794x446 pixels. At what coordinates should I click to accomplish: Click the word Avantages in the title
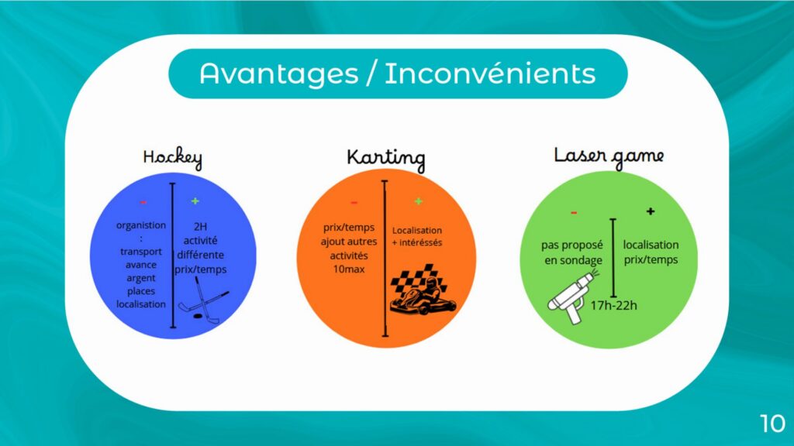pos(279,74)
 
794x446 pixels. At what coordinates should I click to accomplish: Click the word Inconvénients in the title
pos(490,74)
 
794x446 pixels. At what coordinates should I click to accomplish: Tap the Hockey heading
pos(173,158)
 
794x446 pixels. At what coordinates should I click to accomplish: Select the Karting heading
pos(386,159)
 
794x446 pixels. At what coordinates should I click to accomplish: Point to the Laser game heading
pos(609,156)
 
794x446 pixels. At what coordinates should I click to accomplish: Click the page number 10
pos(773,423)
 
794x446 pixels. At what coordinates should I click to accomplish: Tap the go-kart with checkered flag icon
pos(423,290)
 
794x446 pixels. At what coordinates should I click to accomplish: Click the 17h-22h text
pos(614,305)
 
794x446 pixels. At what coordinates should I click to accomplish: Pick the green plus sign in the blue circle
pos(195,201)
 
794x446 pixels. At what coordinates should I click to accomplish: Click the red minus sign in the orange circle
pos(354,203)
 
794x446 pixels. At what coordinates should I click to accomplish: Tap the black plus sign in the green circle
pos(651,211)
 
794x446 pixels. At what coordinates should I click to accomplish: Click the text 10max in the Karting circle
pos(349,269)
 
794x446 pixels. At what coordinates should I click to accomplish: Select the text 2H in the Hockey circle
pos(201,227)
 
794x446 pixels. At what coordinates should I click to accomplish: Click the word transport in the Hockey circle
pos(141,252)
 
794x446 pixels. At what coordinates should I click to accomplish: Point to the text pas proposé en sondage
pos(572,253)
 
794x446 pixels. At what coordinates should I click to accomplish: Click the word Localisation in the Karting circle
pos(416,230)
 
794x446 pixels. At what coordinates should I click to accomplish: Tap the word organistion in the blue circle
pos(141,225)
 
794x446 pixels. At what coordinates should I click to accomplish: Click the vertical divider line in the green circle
pos(613,258)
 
